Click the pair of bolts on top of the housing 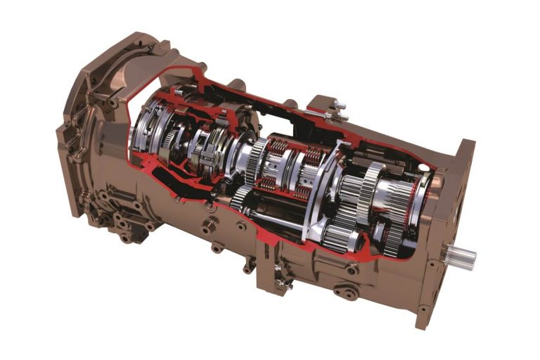tap(338, 110)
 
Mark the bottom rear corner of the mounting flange tap(422, 320)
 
